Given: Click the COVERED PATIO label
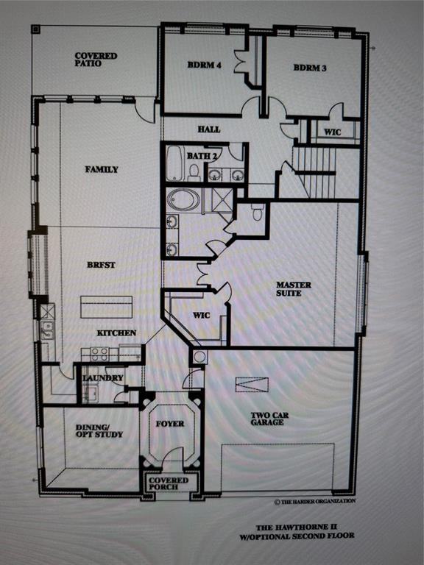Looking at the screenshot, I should [x=96, y=60].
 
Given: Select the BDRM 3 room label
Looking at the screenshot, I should [x=309, y=68].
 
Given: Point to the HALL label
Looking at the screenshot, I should [x=208, y=129].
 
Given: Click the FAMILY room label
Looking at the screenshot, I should [x=101, y=169].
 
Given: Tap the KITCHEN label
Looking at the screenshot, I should [x=116, y=333].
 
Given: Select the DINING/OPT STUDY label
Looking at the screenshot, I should [x=99, y=430].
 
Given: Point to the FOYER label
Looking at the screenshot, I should [x=170, y=424].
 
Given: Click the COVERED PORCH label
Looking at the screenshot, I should [x=169, y=483].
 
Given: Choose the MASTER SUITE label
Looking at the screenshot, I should [x=294, y=289].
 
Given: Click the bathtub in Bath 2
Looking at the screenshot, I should [x=175, y=164].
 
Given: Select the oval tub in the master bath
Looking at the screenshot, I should [x=183, y=200].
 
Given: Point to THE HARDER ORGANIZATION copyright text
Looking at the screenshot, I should [x=315, y=501].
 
